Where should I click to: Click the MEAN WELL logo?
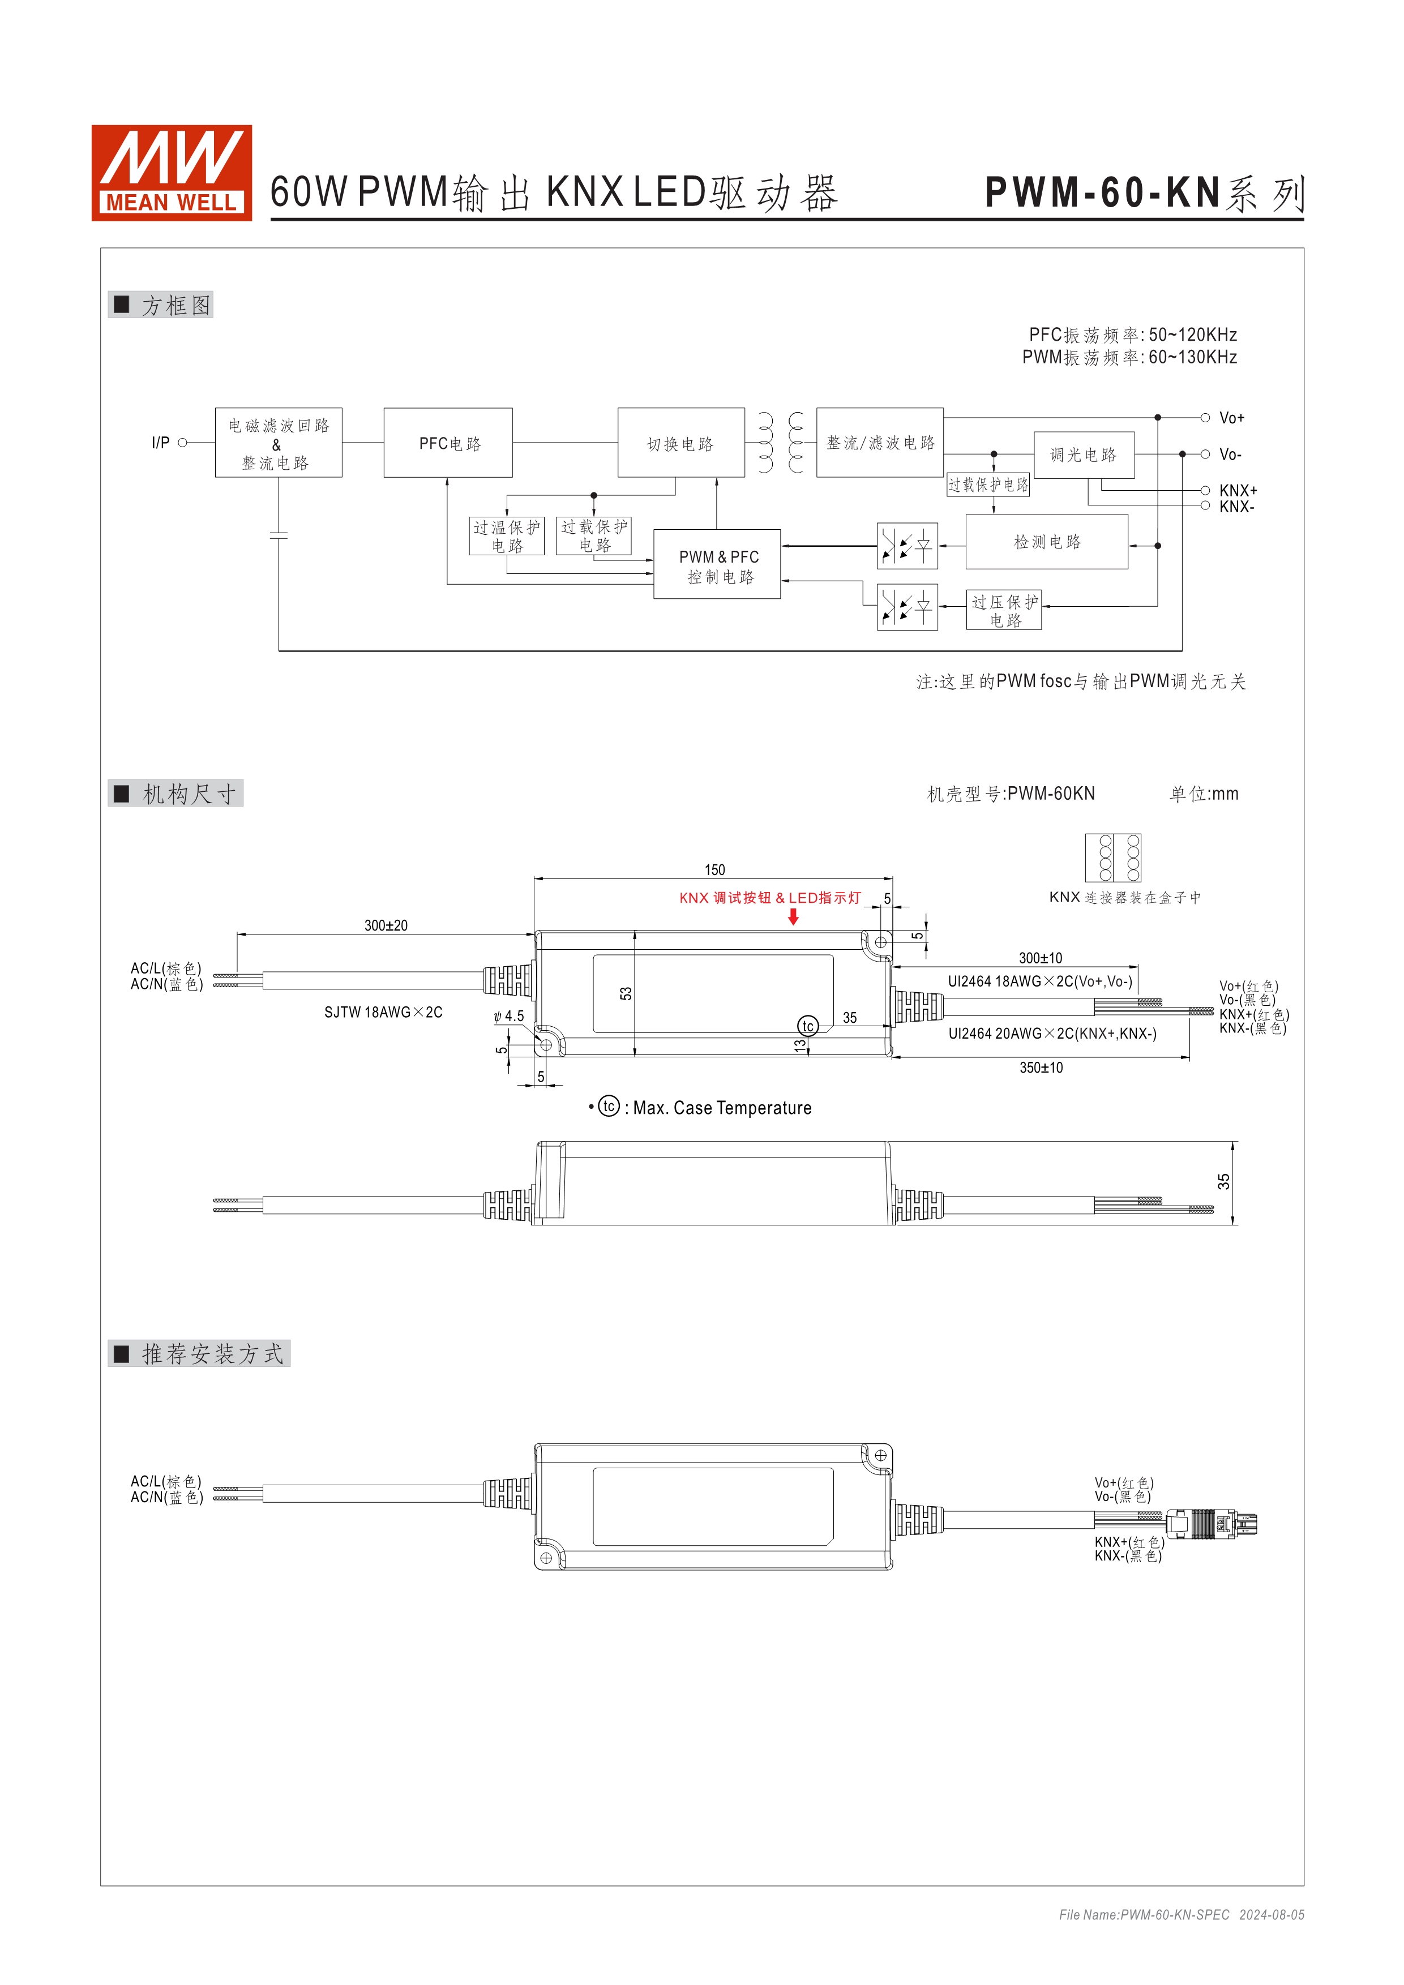171,172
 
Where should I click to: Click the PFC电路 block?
448,443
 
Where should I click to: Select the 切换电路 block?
680,443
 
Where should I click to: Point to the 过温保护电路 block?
507,536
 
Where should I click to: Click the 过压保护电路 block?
1004,610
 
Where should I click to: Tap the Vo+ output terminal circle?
1204,418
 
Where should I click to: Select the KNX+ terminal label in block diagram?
1238,490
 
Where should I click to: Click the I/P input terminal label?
160,443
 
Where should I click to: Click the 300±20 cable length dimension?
386,925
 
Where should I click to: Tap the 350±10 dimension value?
1041,1067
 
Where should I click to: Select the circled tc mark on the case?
807,1026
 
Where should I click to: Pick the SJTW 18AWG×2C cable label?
383,1013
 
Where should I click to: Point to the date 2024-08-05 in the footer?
1271,1915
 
